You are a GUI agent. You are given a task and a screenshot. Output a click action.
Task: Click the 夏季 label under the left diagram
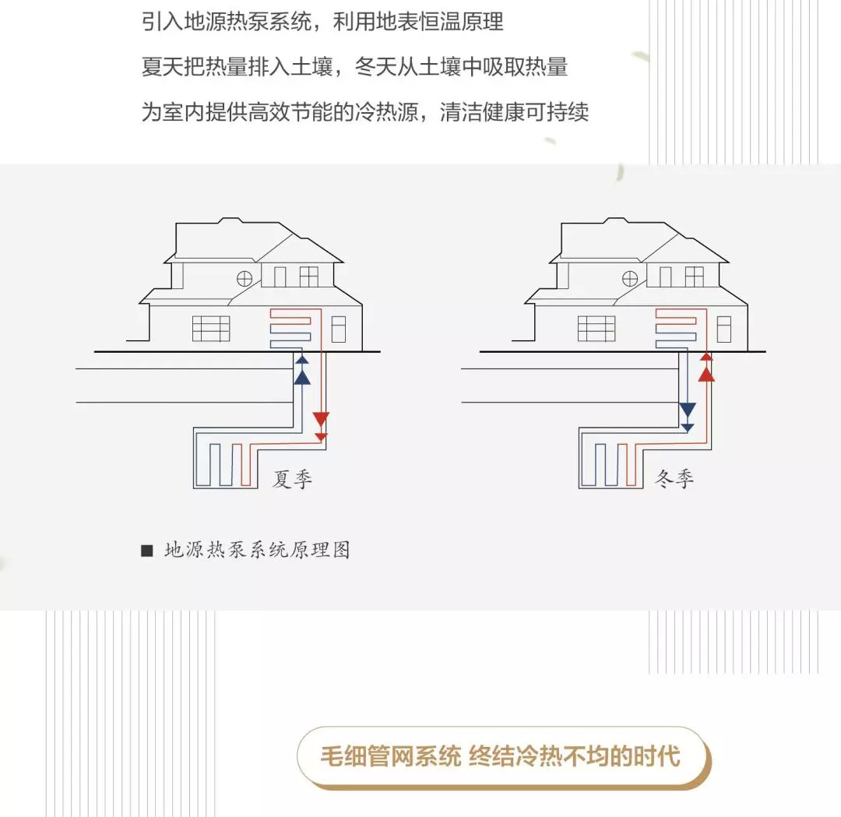click(292, 479)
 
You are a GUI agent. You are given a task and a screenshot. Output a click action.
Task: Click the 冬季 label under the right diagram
click(674, 479)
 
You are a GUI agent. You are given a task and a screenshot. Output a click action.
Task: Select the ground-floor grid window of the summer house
click(211, 329)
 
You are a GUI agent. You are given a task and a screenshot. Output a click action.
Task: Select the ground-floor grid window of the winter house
click(596, 329)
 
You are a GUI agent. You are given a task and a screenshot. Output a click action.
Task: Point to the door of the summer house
click(338, 329)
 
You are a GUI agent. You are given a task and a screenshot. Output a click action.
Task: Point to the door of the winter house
click(723, 329)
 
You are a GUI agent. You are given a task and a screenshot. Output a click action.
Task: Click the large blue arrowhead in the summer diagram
click(302, 377)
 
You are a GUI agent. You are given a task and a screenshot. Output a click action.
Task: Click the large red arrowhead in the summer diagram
click(321, 419)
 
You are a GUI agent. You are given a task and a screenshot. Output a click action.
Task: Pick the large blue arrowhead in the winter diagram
click(687, 410)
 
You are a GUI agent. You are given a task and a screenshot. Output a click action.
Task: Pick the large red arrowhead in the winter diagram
click(706, 374)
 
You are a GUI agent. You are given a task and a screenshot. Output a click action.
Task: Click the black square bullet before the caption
click(146, 551)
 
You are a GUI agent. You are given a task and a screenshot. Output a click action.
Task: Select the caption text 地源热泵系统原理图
click(258, 550)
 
